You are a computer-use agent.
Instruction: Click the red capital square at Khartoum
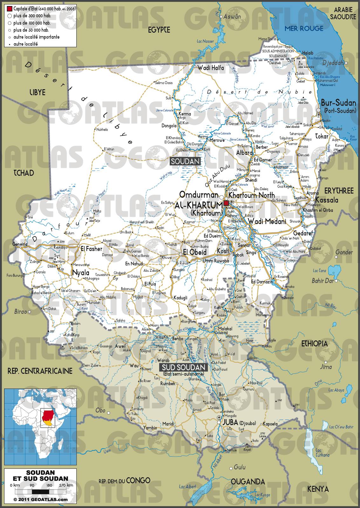coord(226,203)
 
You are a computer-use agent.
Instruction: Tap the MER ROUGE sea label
coord(303,28)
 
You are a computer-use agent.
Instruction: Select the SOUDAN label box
coord(186,161)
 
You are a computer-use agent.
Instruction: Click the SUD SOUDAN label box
coord(183,367)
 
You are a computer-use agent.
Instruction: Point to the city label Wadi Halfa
coord(211,68)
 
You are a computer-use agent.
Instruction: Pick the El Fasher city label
coord(92,249)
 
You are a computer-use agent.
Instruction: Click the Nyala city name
coord(81,272)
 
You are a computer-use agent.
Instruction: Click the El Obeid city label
coord(195,252)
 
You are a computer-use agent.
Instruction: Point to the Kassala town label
coord(327,200)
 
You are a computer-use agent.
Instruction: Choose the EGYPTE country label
coord(159,30)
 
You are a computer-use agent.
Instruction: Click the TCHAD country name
coord(24,173)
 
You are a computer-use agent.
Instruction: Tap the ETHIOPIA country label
coord(315,343)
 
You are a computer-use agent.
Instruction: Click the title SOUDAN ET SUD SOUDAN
coord(40,476)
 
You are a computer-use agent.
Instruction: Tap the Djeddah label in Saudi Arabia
coord(333,63)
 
